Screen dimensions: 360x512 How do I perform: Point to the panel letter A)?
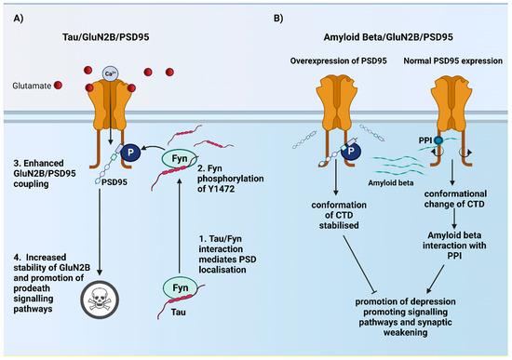(12, 14)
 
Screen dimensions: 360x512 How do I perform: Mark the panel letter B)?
(270, 14)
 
